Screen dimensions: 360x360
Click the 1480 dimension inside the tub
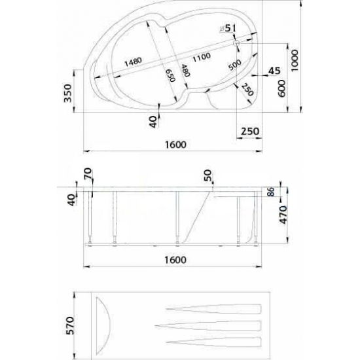(x=133, y=61)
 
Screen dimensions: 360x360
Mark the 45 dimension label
(x=274, y=69)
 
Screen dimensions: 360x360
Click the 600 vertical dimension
(x=281, y=86)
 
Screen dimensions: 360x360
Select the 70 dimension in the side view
(x=88, y=174)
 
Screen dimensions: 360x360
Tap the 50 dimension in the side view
(x=208, y=175)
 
